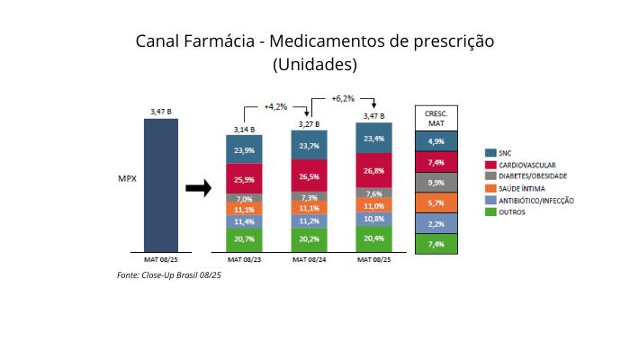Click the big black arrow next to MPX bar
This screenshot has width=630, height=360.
pos(197,187)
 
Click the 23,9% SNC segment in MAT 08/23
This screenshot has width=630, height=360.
pos(243,149)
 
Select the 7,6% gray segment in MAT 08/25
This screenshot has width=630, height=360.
pos(373,193)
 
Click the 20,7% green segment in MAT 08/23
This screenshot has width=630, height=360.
pos(243,238)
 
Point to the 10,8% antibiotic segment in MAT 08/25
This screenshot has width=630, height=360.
pos(373,219)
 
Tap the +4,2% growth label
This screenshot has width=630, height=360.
pos(275,106)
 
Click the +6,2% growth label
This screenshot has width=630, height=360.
pos(343,97)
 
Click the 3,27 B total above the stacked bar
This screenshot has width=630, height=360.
pos(309,123)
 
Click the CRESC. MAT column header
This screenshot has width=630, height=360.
pos(436,118)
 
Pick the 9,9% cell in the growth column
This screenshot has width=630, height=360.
pos(436,183)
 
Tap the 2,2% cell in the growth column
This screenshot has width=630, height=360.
pos(436,223)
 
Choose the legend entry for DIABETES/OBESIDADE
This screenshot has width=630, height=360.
pos(522,176)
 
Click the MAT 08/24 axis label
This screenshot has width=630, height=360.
pos(309,259)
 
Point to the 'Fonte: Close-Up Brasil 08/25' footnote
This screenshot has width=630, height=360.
pos(169,274)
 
